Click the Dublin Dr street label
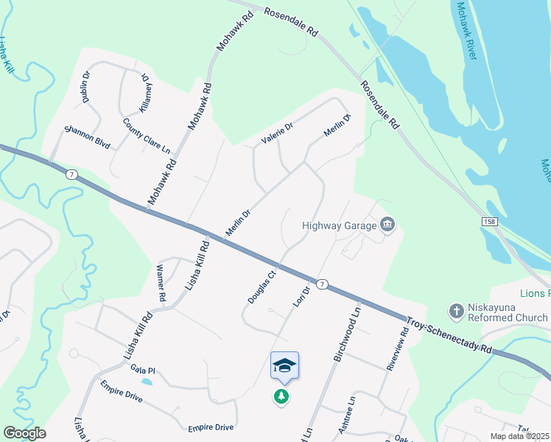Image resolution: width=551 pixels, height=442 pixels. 85,87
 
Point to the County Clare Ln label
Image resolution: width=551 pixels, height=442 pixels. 147,136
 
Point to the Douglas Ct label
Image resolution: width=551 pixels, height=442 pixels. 262,287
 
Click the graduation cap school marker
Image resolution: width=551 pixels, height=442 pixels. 284,365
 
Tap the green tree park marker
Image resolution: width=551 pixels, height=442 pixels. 281,397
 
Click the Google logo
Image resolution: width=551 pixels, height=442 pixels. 24,433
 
